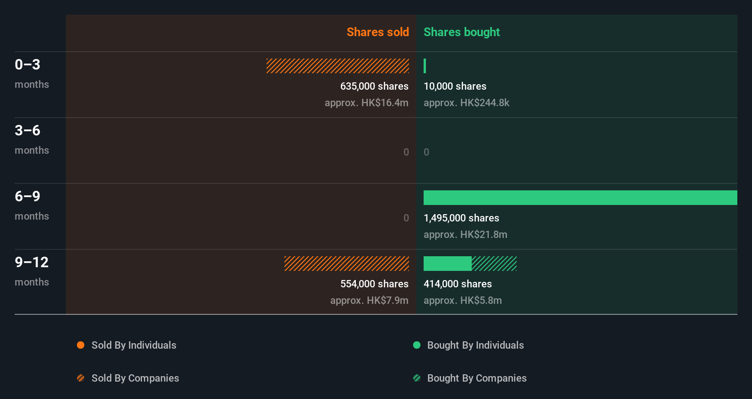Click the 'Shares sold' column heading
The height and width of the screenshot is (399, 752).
click(377, 32)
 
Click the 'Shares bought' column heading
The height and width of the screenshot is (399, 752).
click(461, 32)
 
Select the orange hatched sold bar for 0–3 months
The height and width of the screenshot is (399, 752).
click(338, 66)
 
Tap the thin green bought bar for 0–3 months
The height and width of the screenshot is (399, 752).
click(425, 66)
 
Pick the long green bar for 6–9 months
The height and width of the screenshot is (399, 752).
click(580, 198)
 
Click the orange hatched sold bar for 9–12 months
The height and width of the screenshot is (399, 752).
click(347, 264)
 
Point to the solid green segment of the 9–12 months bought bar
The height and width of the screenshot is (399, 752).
click(447, 264)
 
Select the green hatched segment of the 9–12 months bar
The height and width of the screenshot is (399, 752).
click(494, 264)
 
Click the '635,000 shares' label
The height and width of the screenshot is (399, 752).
click(374, 86)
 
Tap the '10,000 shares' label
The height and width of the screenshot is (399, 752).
click(455, 86)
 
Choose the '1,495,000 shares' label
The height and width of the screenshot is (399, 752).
click(461, 218)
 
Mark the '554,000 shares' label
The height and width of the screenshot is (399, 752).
click(374, 284)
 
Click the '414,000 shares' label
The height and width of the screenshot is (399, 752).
click(458, 284)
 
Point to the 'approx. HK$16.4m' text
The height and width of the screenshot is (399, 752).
click(366, 102)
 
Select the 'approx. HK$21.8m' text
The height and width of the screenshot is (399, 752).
click(465, 234)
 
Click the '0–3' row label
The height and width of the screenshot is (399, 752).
click(27, 65)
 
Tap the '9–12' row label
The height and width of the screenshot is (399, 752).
click(32, 262)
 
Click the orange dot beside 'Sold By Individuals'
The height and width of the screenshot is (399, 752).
click(81, 345)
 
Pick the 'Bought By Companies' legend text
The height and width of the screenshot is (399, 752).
click(477, 378)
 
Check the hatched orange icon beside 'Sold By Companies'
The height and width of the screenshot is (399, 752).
click(81, 378)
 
